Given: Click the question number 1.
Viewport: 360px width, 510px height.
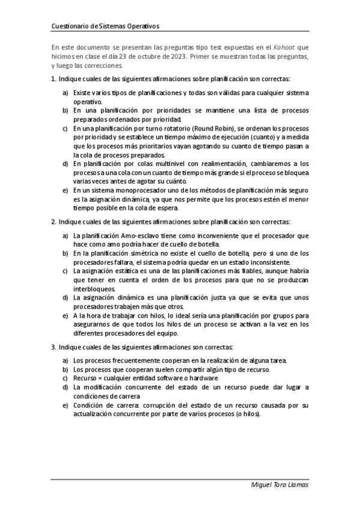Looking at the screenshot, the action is point(52,79).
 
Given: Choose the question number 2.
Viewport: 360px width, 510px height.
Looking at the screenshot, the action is point(52,221).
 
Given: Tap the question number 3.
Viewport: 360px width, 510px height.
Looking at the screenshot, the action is point(52,347).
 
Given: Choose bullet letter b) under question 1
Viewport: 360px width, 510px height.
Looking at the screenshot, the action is point(65,111).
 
